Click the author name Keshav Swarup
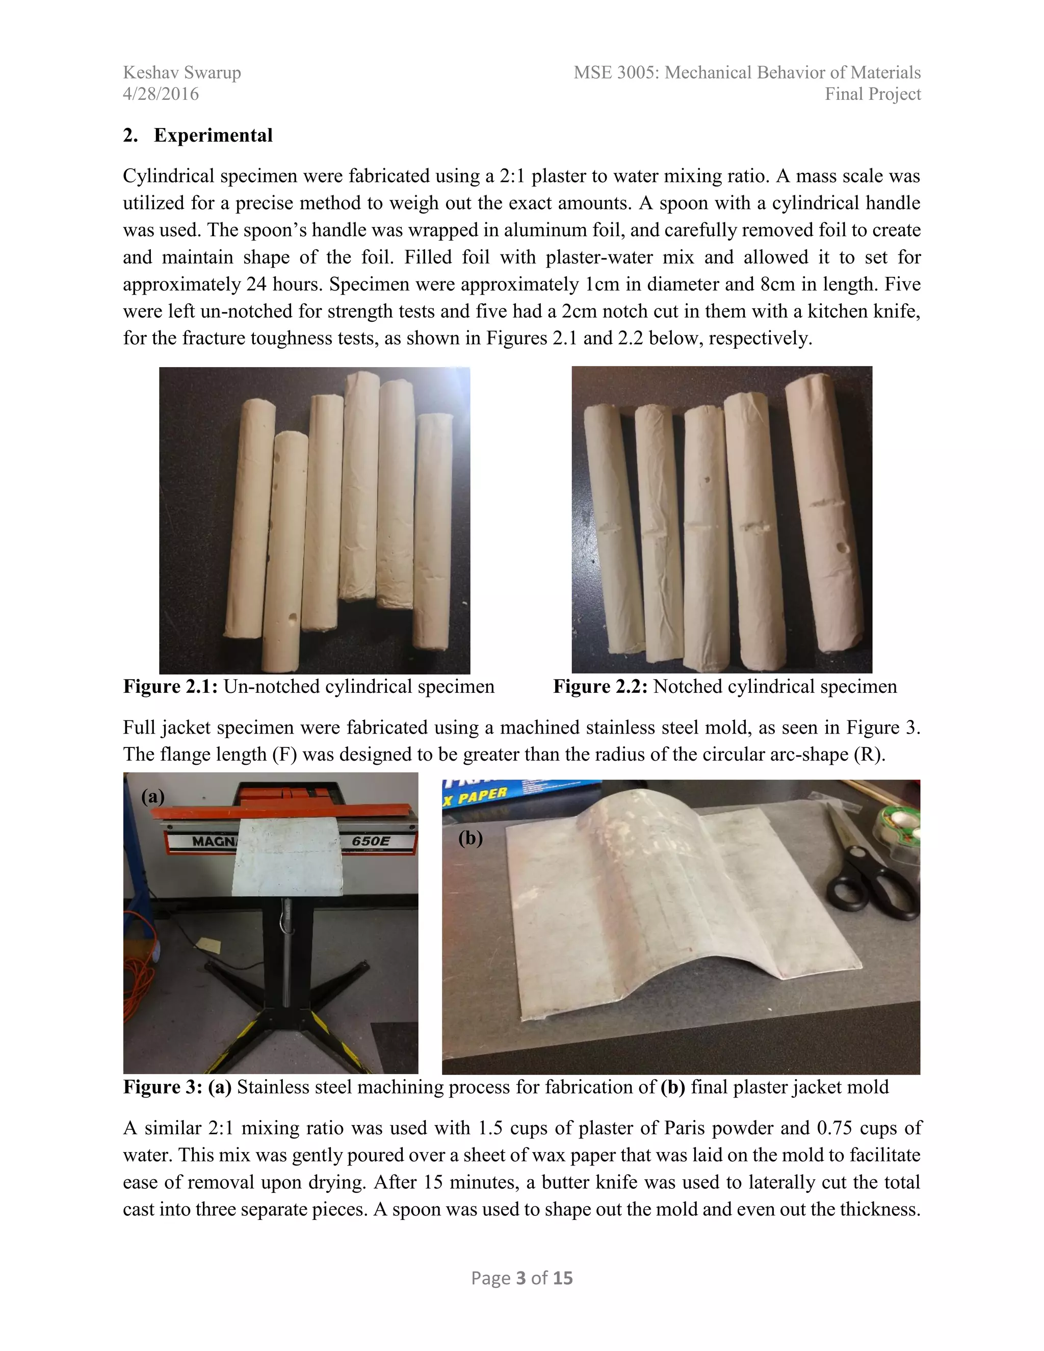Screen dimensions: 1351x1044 (182, 72)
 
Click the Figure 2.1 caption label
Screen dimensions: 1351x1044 (169, 687)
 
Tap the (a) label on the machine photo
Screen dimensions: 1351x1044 (153, 796)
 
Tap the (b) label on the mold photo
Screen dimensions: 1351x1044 (470, 838)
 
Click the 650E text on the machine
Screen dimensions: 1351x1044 (371, 841)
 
